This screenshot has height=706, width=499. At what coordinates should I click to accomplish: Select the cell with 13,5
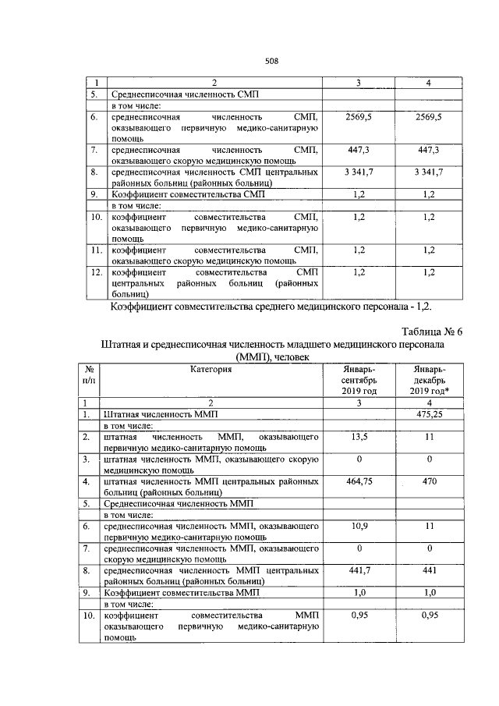[x=359, y=438]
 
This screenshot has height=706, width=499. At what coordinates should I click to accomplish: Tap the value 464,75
[x=359, y=481]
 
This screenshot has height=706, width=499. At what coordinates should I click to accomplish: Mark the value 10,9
[x=359, y=527]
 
